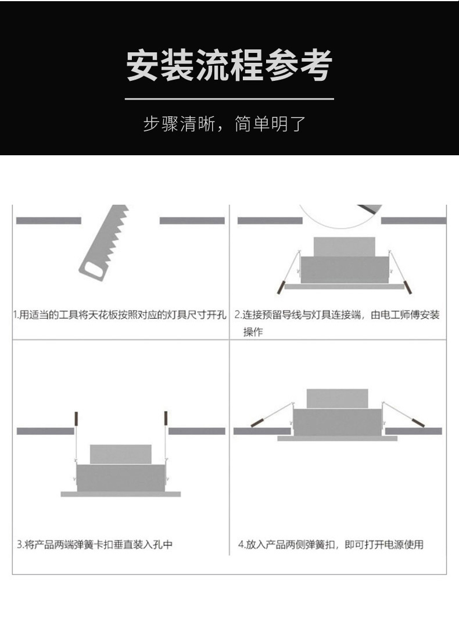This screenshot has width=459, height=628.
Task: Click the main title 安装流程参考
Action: (229, 65)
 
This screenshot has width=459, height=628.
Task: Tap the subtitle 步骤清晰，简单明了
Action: (224, 124)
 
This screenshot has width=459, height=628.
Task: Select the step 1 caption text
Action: (120, 315)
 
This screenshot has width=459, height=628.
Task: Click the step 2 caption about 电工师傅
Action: (337, 323)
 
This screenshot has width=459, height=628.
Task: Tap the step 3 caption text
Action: (95, 545)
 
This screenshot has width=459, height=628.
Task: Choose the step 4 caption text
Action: (331, 545)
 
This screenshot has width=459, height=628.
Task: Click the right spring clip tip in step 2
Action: (408, 287)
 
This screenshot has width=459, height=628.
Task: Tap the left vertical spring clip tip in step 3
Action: (76, 419)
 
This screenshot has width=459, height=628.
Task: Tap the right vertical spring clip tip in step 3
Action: (166, 418)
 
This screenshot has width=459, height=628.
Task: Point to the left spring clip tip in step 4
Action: (257, 423)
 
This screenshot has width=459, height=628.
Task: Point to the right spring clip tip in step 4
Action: (418, 423)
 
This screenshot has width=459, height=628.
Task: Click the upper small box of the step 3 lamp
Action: (120, 454)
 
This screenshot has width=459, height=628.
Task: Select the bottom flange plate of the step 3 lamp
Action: (120, 494)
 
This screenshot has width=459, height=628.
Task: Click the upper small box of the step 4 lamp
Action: (338, 398)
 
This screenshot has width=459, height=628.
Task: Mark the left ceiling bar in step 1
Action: (48, 221)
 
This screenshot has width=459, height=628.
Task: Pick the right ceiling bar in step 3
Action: (197, 431)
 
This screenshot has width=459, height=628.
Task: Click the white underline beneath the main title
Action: (229, 98)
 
